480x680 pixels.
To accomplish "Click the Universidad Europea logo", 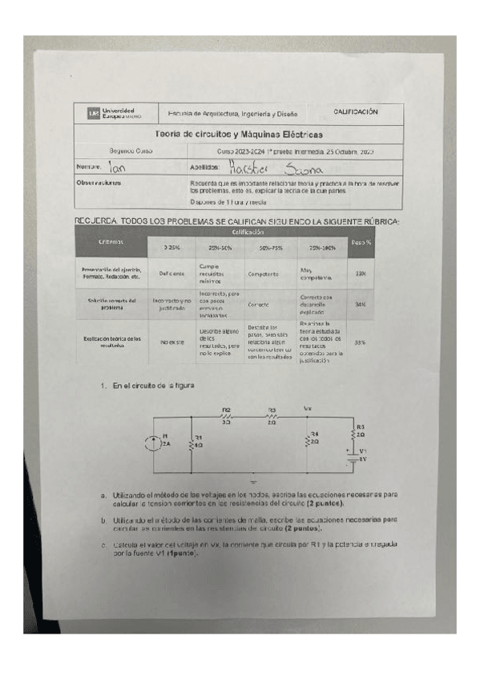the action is pos(110,113).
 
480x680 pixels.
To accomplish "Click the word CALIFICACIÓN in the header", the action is pos(356,112).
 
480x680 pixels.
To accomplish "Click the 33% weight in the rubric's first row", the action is pos(361,273).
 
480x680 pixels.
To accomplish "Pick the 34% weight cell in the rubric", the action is pos(361,305).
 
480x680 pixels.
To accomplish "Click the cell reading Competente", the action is pos(263,273).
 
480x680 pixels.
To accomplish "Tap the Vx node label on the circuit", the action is pos(309,408).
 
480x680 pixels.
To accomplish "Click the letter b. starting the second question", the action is pos(104,521).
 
